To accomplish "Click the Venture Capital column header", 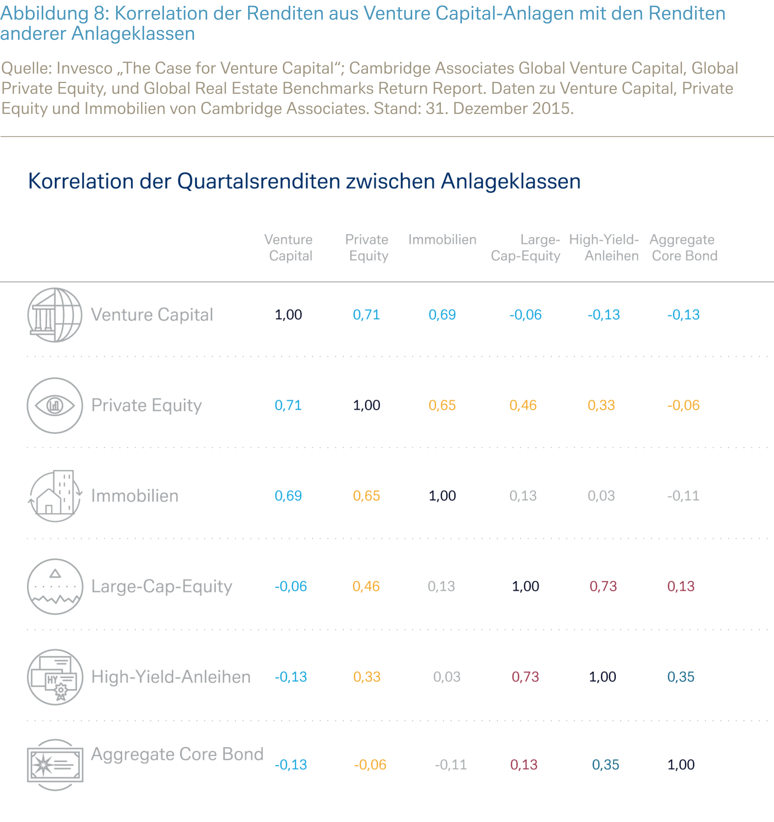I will click(x=289, y=247).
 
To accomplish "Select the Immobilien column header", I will click(x=442, y=240).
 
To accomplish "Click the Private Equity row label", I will click(x=146, y=405).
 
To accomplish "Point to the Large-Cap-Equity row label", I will click(x=162, y=587).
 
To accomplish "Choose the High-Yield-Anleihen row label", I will click(x=171, y=677).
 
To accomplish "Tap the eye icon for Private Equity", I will click(x=55, y=405).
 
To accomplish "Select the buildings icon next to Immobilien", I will click(x=55, y=496).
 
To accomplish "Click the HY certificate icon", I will click(x=55, y=677).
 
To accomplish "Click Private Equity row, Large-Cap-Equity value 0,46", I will click(x=523, y=405).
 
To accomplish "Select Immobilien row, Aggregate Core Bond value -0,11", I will click(x=683, y=496).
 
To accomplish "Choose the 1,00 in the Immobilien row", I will click(x=442, y=496).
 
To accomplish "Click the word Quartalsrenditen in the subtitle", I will click(x=260, y=182).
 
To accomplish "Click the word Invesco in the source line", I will click(x=84, y=69).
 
